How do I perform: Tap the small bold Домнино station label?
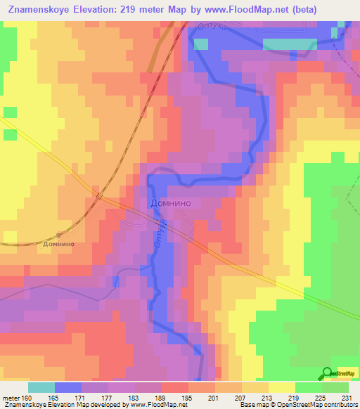59,245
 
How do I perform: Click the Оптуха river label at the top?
212,26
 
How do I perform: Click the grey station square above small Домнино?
59,235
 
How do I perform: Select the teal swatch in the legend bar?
41,387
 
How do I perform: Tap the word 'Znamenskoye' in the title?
39,10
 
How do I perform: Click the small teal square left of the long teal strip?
201,44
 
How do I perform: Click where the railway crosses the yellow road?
99,195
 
